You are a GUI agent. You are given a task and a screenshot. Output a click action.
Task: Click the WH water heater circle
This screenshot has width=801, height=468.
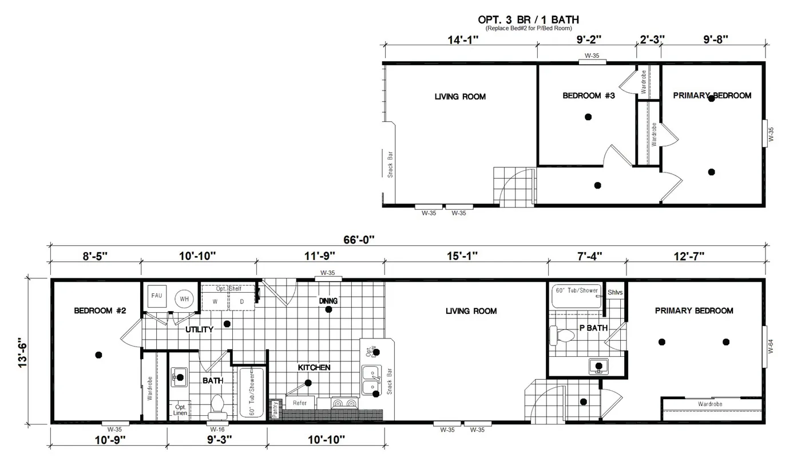pos(184,298)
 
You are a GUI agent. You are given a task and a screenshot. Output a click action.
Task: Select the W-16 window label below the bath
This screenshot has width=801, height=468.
pos(217,429)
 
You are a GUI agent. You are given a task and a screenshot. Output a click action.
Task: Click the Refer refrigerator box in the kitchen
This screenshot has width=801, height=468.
pos(299,403)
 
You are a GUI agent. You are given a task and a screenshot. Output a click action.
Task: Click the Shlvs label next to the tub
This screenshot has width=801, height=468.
pos(615,292)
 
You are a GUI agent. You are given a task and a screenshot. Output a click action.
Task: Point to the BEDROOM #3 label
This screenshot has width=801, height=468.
pos(588,96)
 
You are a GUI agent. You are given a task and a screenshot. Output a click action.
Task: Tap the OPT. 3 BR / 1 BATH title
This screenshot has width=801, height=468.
pos(528,20)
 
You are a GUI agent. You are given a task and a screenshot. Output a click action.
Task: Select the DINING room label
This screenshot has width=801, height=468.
pos(328,301)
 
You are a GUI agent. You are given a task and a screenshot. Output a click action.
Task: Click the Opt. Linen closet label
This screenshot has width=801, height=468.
pos(180,409)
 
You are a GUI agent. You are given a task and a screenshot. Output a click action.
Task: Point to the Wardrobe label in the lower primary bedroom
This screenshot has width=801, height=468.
pos(709,404)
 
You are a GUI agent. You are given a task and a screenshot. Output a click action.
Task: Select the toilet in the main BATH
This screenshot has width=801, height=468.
pos(217,404)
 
